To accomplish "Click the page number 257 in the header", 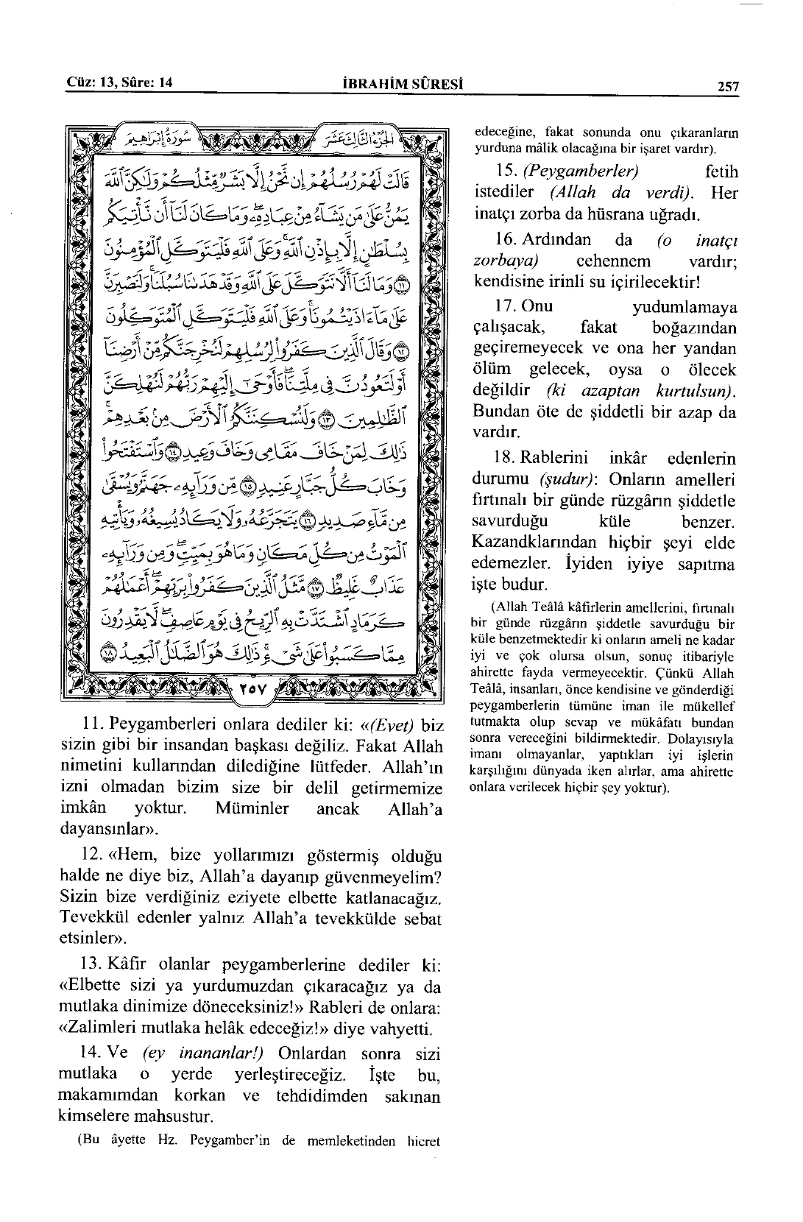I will [727, 87].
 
